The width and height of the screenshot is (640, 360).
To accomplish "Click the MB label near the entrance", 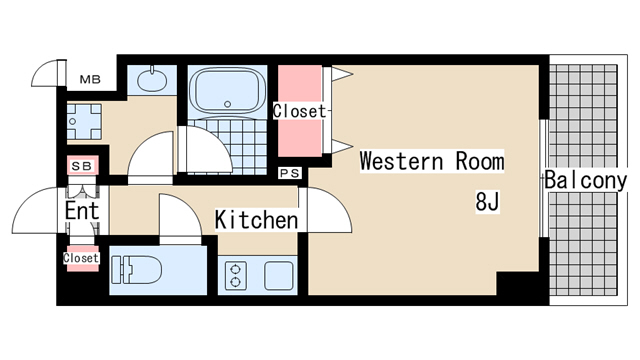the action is click(x=90, y=79).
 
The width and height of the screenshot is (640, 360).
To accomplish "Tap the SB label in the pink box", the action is click(x=82, y=166).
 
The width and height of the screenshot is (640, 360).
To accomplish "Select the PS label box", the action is click(x=290, y=173).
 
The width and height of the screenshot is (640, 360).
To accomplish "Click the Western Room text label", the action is click(x=432, y=161).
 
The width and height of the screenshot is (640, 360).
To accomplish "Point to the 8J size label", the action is click(x=487, y=201).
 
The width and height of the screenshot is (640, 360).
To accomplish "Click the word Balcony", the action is click(x=585, y=180).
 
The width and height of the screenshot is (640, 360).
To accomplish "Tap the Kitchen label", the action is click(x=256, y=220).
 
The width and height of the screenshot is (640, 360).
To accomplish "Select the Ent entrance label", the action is click(x=82, y=211).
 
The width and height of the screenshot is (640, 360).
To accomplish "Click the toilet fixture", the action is click(x=136, y=270).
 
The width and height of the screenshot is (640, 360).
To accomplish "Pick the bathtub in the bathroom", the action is click(x=227, y=92).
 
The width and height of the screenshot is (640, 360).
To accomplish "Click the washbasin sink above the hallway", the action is click(x=152, y=80).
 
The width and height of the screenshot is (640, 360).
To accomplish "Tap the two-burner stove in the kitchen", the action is click(x=236, y=276).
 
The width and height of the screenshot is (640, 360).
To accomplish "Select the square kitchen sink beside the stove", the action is click(x=279, y=276).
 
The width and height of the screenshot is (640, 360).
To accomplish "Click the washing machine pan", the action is click(x=84, y=122).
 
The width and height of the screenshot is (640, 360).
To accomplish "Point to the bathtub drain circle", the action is click(x=227, y=104).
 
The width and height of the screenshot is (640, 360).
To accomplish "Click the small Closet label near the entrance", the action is click(x=81, y=258).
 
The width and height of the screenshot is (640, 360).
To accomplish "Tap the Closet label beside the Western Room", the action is click(x=300, y=111).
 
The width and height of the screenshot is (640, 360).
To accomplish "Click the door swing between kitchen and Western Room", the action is click(x=326, y=210).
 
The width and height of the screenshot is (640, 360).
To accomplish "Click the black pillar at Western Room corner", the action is click(x=518, y=283).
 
